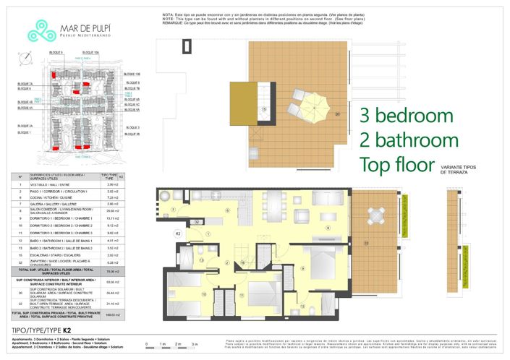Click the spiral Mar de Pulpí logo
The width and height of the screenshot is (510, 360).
(36, 29)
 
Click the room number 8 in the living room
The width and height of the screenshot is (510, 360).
(327, 228)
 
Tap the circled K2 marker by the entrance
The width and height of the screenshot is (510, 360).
(178, 234)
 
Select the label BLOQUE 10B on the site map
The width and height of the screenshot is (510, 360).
(132, 74)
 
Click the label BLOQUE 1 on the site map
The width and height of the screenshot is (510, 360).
(25, 133)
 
